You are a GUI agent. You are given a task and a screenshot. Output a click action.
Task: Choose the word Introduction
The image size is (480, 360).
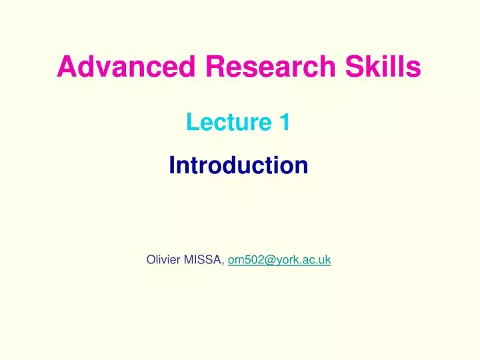[239, 165]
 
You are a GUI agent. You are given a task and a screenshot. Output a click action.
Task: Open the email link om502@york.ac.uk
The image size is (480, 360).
[279, 260]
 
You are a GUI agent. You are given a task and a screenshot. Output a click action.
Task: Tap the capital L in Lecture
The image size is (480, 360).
[192, 123]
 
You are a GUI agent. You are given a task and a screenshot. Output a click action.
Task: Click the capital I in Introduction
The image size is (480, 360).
[171, 165]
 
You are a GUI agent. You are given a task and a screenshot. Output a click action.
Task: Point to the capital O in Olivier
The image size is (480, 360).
[150, 260]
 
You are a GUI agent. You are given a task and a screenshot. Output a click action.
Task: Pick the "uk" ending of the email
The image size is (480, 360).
[325, 260]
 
